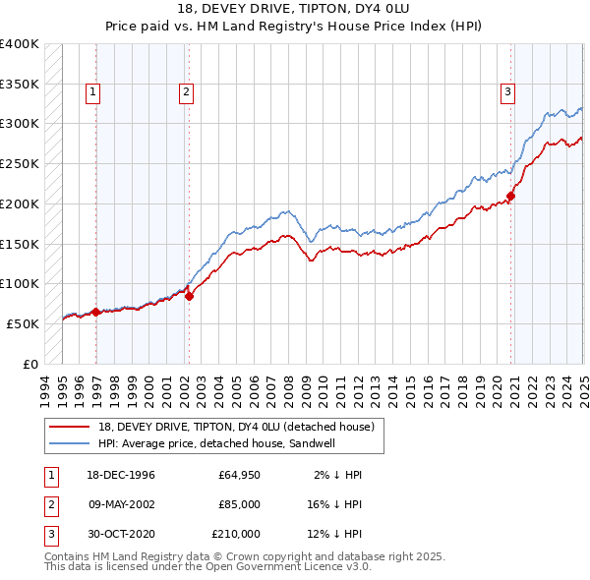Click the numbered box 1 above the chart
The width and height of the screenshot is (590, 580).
pos(92,93)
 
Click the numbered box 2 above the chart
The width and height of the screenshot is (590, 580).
pos(186,93)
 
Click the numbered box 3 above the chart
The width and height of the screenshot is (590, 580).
pos(507,93)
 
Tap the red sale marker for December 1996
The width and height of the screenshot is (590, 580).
pos(95,313)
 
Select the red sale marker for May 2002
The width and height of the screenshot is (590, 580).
pos(189,296)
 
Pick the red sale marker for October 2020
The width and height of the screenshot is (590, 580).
pos(511,196)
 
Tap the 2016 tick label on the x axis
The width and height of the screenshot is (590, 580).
pos(425,388)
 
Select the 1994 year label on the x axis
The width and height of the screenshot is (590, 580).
pos(45,388)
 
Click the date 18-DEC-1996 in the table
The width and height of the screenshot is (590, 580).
pos(121,475)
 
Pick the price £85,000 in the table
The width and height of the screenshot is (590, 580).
pos(239,504)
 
